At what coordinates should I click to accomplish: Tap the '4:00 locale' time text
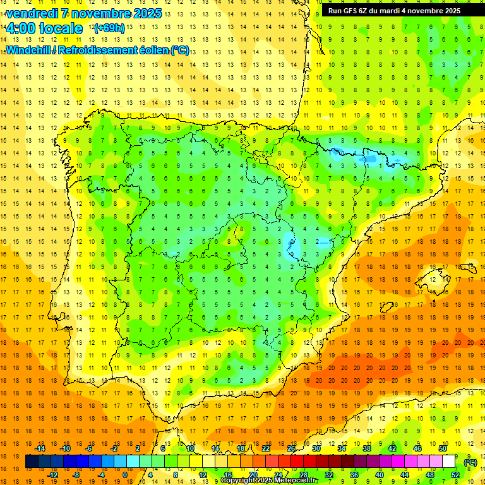point(44,28)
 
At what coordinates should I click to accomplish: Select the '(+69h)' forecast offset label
point(109,28)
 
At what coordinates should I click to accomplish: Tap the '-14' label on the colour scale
point(40,448)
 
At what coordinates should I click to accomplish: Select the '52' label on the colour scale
point(455,475)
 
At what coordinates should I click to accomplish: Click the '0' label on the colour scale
point(125,475)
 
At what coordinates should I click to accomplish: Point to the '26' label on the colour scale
point(291,448)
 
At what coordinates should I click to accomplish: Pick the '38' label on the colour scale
point(367,448)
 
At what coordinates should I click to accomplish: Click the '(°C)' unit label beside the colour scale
point(470,462)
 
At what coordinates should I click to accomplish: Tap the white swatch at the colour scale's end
point(449,462)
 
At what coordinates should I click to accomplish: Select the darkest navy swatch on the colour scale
point(32,462)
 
